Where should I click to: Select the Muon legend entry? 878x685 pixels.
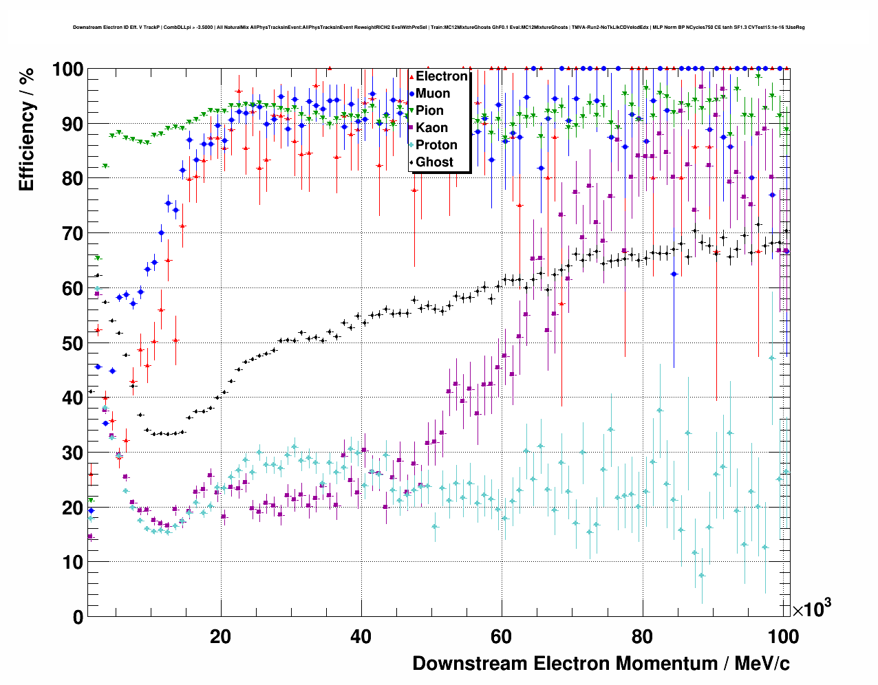click(433, 94)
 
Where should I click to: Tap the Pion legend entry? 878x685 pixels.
click(429, 111)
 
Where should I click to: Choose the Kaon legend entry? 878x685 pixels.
click(431, 128)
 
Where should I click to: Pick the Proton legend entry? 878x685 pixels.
click(436, 145)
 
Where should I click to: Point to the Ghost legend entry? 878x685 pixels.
click(434, 162)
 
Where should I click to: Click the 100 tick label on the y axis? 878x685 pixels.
click(67, 69)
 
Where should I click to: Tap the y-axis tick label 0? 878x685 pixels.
click(78, 618)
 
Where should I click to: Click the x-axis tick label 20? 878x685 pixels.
click(220, 636)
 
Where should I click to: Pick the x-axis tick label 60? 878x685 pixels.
click(501, 636)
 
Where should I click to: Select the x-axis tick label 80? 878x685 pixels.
click(642, 636)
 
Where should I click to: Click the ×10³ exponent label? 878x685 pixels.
click(811, 609)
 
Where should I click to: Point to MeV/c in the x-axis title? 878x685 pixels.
click(762, 664)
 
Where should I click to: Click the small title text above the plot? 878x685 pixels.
click(438, 28)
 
